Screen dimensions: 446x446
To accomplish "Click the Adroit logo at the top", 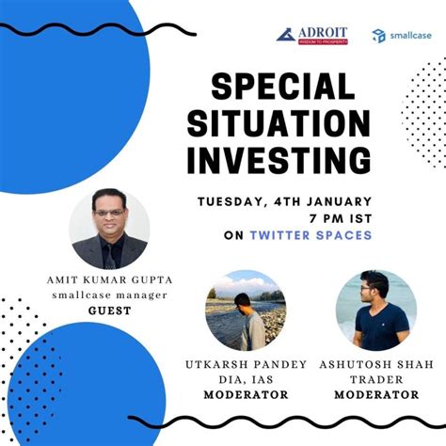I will (x=314, y=35).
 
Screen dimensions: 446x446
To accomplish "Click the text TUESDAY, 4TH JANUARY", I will (x=284, y=200).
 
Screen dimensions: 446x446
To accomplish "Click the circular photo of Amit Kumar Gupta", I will (x=110, y=229).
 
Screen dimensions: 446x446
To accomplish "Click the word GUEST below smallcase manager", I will (x=109, y=310).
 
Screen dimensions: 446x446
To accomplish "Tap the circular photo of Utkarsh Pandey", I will (x=245, y=311).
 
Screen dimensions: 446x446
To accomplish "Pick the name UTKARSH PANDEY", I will (x=247, y=364).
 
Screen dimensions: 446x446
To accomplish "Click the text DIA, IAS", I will (x=247, y=379).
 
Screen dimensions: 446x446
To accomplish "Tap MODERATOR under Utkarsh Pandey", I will (x=247, y=395).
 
